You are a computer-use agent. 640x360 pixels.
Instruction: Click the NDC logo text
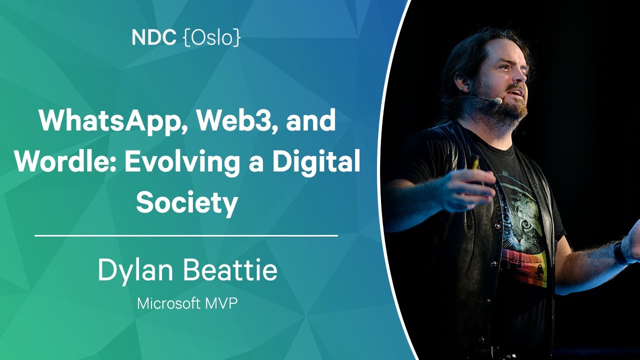(x=153, y=37)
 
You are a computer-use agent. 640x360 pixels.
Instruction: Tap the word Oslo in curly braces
(x=211, y=37)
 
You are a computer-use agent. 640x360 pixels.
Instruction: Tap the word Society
(x=187, y=203)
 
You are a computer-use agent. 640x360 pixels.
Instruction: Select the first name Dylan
(x=135, y=271)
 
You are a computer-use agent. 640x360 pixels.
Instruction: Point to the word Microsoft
(x=168, y=303)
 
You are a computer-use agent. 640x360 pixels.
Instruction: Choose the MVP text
(x=221, y=303)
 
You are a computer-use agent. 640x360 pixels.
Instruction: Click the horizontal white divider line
(x=186, y=235)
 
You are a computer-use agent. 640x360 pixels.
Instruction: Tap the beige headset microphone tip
(x=498, y=100)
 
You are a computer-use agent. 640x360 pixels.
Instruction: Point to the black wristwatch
(x=619, y=252)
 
